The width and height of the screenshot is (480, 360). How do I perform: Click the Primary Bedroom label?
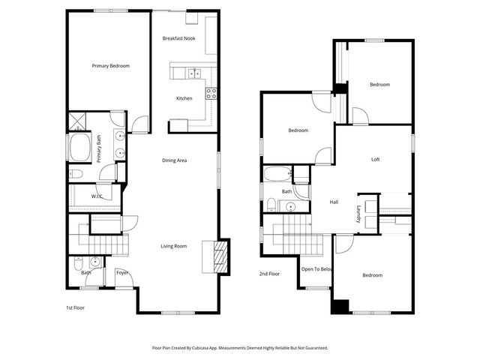pos(111,66)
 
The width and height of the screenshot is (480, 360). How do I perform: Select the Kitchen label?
pos(184,98)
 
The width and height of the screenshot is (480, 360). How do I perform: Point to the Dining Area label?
pos(175,160)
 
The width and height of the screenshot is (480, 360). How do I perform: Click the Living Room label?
pos(174,246)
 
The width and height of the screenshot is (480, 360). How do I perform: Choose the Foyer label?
pos(121,272)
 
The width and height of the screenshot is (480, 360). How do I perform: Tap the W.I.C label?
pos(97,196)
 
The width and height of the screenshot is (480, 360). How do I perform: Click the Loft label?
pos(376,160)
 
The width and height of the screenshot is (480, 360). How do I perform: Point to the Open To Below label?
pos(316,268)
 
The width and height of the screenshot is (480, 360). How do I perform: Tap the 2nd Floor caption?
pos(269,274)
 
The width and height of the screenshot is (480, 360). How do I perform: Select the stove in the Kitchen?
pos(211,94)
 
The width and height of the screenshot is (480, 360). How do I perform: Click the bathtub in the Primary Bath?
pos(79,148)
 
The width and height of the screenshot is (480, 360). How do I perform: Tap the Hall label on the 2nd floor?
pos(334,202)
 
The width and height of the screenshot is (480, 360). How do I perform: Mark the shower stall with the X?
pos(76,121)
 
